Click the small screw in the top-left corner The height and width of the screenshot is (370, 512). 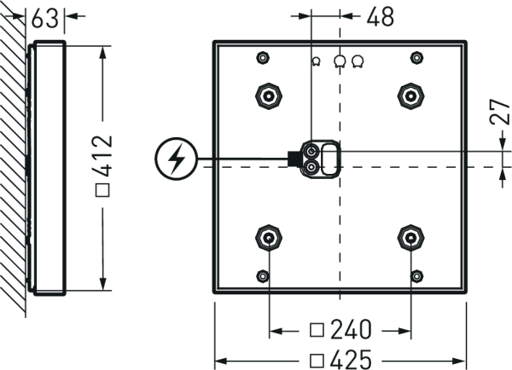[x=263, y=57]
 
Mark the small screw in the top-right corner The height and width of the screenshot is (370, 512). [x=416, y=57]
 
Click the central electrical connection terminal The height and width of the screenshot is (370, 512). [x=314, y=158]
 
